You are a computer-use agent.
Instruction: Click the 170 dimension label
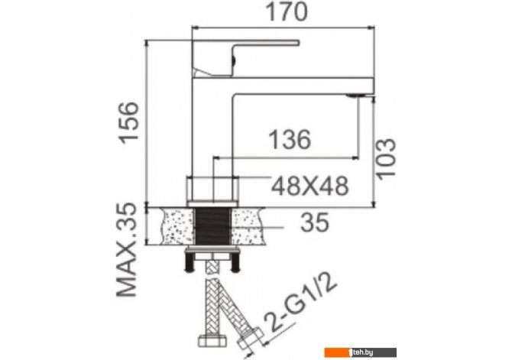click(x=287, y=11)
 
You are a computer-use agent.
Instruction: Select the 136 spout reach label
click(x=290, y=140)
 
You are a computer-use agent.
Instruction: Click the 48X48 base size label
click(x=310, y=186)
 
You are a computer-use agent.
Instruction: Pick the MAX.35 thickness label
click(x=127, y=250)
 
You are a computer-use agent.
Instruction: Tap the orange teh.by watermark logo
click(x=360, y=352)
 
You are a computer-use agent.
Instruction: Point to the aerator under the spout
click(x=357, y=96)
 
